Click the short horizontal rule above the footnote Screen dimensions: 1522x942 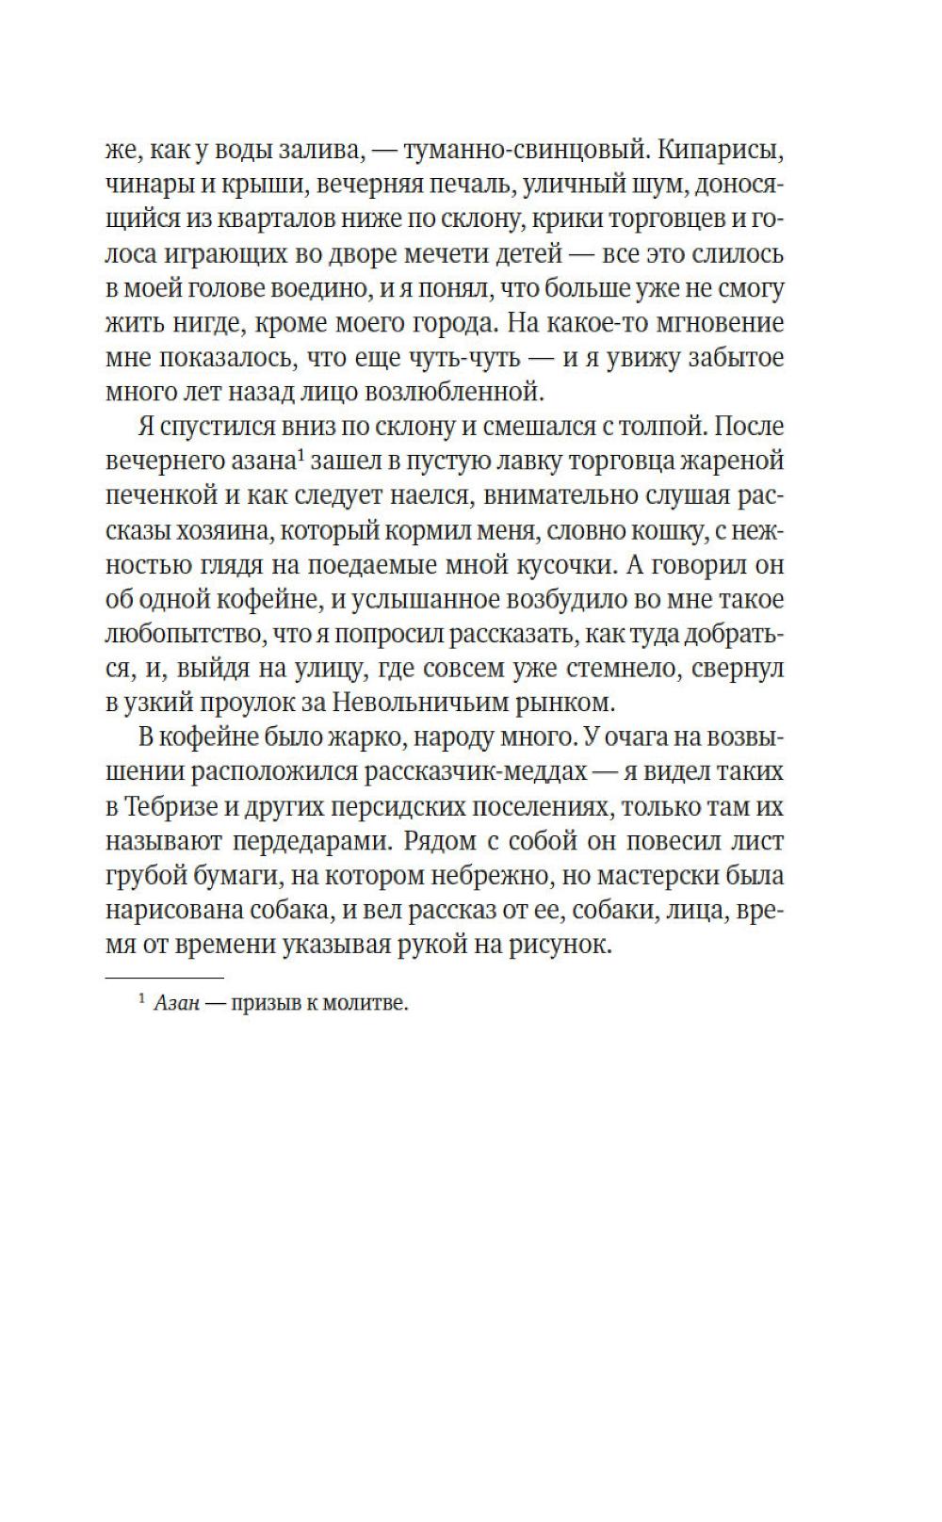coord(164,979)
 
